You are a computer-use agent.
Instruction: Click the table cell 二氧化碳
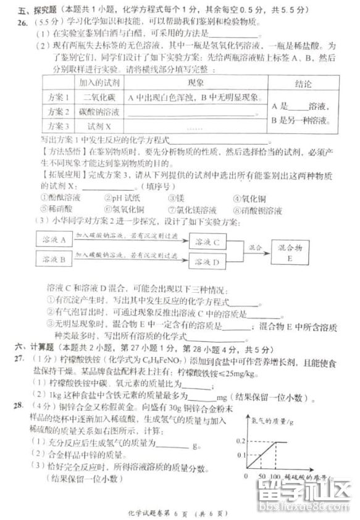tap(94, 97)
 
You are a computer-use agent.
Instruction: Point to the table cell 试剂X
tap(94, 127)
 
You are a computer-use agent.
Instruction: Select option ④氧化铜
tap(249, 198)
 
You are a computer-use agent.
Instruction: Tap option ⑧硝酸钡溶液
tap(258, 210)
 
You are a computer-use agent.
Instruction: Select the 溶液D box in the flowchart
tap(207, 263)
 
